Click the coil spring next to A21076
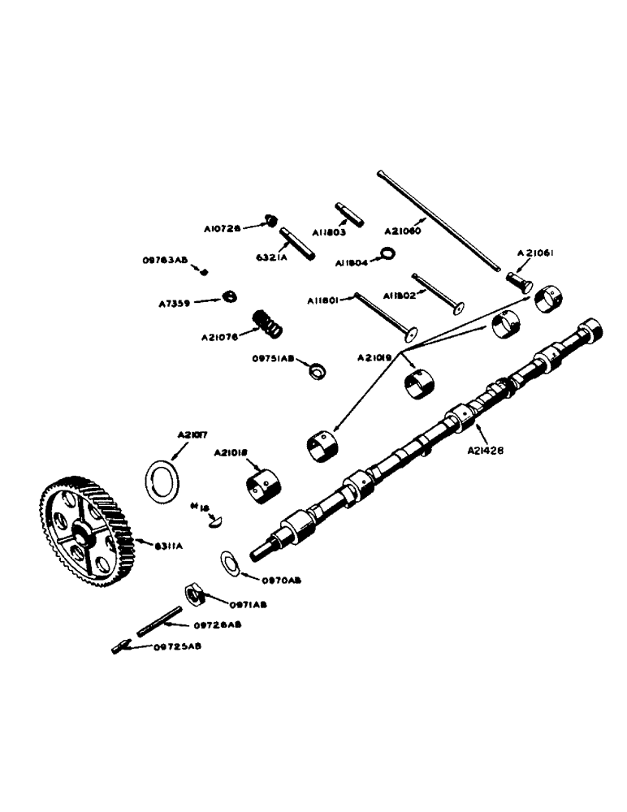267,322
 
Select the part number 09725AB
177,646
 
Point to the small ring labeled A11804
388,255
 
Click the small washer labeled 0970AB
230,562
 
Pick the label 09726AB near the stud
218,624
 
